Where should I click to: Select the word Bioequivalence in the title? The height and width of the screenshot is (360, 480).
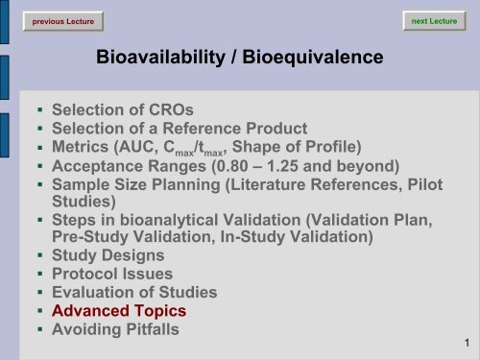click(313, 60)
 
